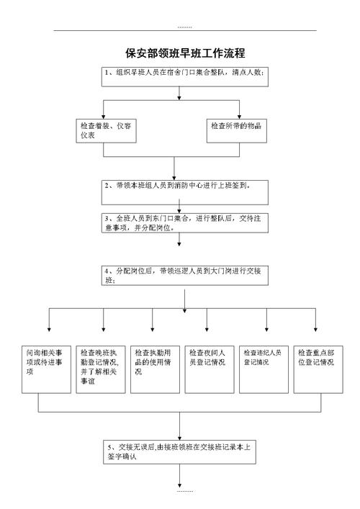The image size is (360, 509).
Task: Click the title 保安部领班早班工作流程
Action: click(185, 53)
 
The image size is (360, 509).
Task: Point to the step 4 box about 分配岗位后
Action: click(185, 274)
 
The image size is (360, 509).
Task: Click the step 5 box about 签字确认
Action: click(185, 451)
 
